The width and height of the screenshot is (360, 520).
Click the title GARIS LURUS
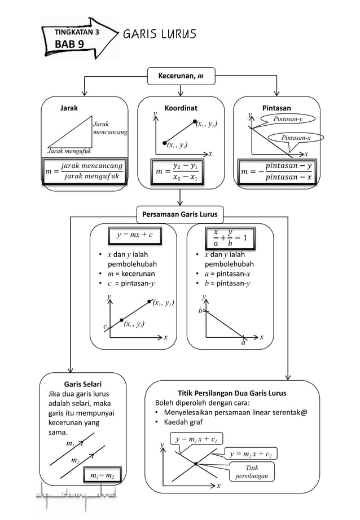pyautogui.click(x=160, y=34)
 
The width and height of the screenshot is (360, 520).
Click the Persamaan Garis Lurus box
pyautogui.click(x=180, y=214)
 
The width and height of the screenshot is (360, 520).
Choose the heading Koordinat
pyautogui.click(x=181, y=107)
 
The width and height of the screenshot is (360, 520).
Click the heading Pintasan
pyautogui.click(x=276, y=107)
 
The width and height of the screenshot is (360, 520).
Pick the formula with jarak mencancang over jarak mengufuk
pyautogui.click(x=85, y=170)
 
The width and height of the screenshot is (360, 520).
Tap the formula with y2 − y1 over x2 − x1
pyautogui.click(x=180, y=170)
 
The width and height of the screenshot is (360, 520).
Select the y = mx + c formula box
pyautogui.click(x=135, y=234)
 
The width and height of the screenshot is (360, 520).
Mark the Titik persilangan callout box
pyautogui.click(x=252, y=472)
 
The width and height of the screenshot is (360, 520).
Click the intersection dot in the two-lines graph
pyautogui.click(x=195, y=464)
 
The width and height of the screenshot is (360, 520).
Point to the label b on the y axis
pyautogui.click(x=200, y=311)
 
